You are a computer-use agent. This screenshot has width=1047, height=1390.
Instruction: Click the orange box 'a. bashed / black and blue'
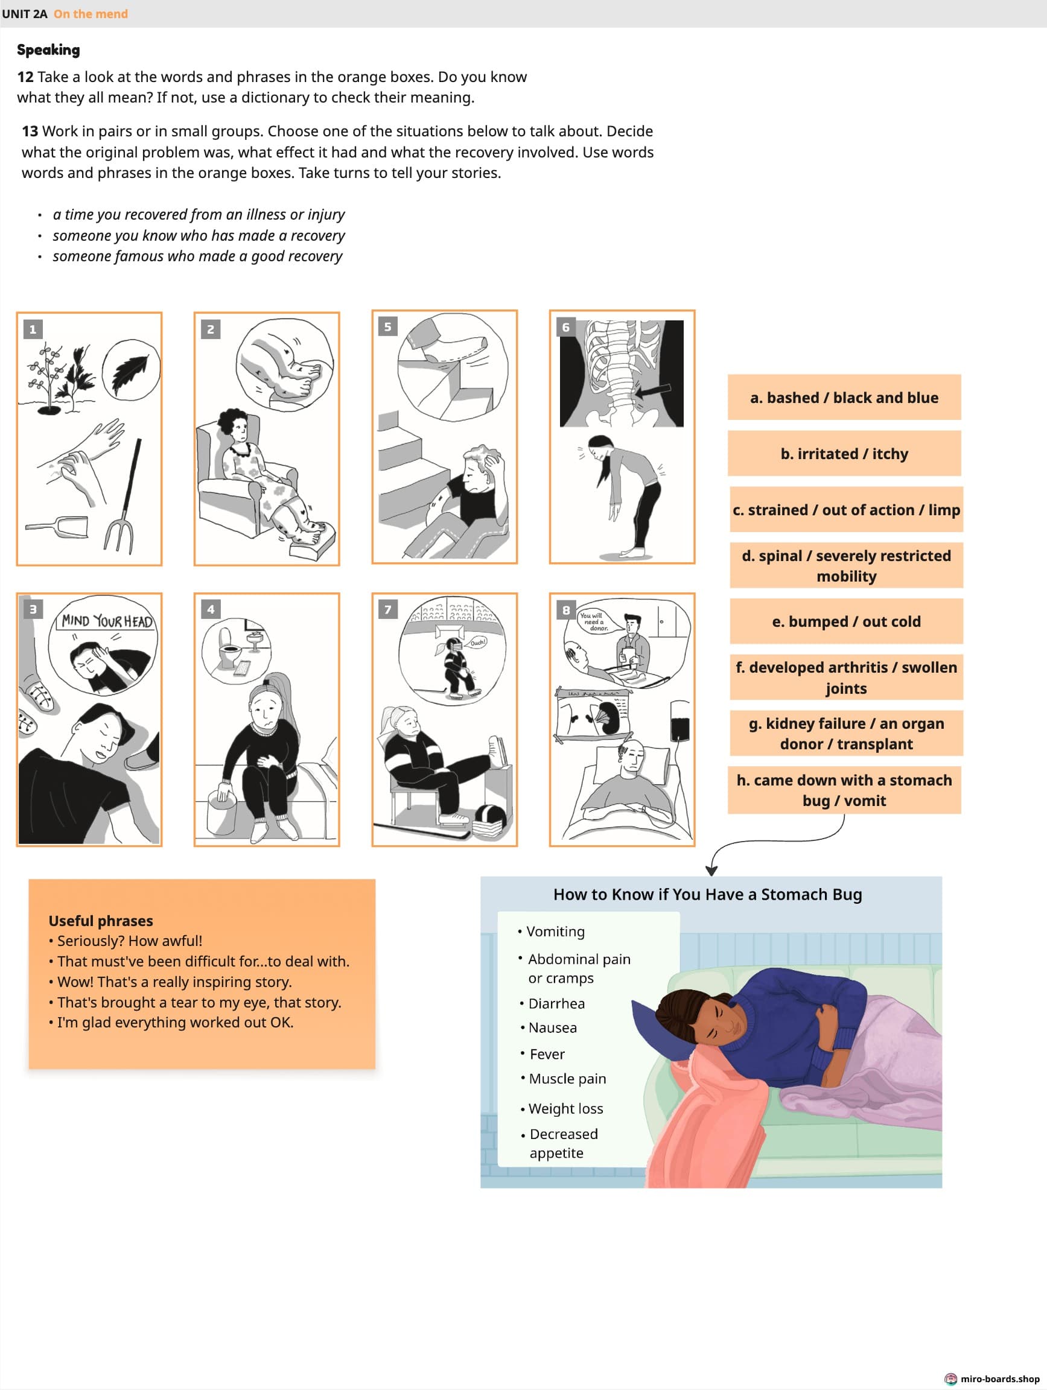click(x=844, y=397)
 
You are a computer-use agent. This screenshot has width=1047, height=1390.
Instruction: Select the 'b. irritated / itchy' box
click(x=844, y=453)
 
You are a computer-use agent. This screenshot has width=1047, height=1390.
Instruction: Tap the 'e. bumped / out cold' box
click(x=846, y=621)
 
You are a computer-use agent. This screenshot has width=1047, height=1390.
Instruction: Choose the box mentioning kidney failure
click(x=846, y=734)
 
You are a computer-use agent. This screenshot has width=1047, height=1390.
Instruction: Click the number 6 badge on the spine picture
click(x=565, y=327)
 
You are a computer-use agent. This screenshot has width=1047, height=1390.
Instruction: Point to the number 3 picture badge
click(x=33, y=608)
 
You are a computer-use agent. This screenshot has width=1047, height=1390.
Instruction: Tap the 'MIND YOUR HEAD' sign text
click(x=107, y=621)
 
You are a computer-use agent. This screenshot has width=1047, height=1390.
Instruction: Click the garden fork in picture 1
click(x=126, y=503)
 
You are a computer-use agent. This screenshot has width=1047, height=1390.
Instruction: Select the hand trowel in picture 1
click(x=60, y=527)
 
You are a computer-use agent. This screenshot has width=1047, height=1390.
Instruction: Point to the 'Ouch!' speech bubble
click(x=477, y=643)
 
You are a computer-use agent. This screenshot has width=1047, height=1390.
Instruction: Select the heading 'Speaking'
click(x=48, y=49)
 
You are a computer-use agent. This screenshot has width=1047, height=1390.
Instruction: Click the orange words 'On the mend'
click(x=91, y=14)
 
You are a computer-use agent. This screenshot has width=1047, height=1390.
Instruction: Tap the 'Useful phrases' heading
click(x=101, y=921)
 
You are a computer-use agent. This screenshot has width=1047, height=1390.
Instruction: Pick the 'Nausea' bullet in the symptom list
click(x=552, y=1027)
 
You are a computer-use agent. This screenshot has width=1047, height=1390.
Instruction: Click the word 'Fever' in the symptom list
click(x=547, y=1054)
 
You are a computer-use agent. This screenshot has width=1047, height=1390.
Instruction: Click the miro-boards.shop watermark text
click(x=999, y=1379)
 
